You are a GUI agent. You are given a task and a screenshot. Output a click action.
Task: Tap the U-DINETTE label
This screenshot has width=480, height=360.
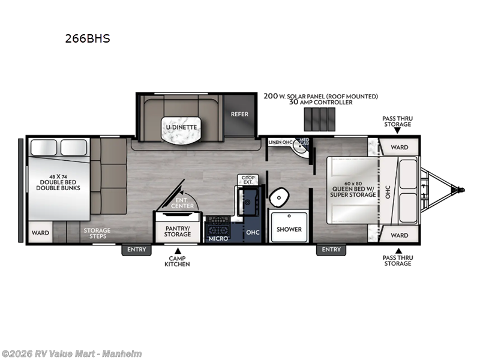point(178,127)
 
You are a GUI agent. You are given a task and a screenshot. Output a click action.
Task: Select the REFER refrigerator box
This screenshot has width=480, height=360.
point(239,114)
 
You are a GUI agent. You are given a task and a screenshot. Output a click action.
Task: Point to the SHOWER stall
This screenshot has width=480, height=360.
point(289,229)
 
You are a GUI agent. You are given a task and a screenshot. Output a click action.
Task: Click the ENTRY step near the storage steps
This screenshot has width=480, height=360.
point(137,250)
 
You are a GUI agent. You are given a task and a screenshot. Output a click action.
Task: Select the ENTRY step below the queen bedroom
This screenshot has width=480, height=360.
point(331,250)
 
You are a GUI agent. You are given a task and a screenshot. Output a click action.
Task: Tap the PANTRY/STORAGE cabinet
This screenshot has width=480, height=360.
point(178,230)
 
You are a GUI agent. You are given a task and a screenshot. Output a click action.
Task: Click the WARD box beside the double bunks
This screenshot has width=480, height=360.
point(40,233)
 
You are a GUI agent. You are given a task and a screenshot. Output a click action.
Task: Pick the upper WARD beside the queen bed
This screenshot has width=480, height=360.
point(400,147)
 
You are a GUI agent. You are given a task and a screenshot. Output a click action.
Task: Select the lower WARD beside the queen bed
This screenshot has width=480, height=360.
point(400,235)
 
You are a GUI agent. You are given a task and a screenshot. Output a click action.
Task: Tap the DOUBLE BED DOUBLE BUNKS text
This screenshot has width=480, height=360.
point(58,184)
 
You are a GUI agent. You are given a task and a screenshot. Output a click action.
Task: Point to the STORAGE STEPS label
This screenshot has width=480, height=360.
point(97,233)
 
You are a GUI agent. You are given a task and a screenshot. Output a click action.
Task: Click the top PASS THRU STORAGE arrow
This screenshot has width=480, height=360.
point(397,130)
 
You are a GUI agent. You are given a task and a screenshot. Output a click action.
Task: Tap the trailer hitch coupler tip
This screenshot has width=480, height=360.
point(461,190)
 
